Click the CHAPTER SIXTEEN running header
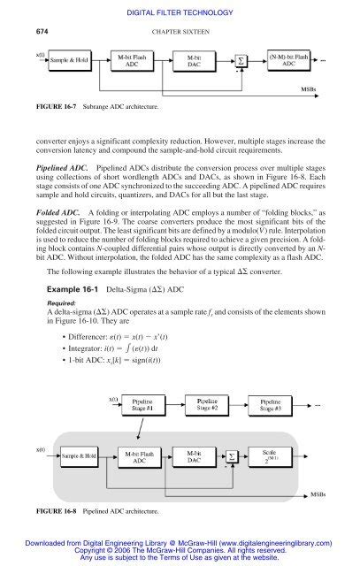point(180,32)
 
